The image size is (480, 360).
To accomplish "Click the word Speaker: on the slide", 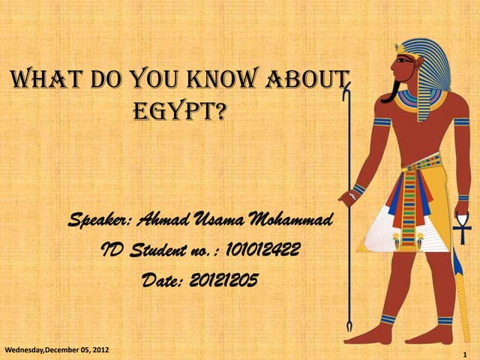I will [x=100, y=220].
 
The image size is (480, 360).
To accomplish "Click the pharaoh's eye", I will [x=403, y=59].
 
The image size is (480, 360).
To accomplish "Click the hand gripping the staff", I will [x=349, y=196].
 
